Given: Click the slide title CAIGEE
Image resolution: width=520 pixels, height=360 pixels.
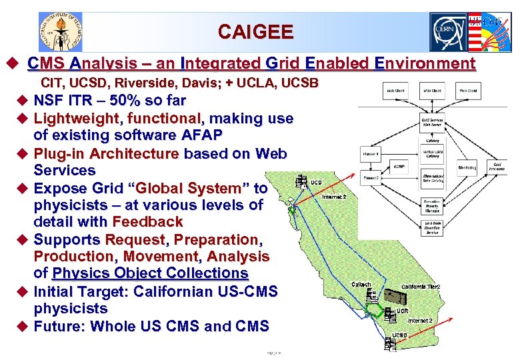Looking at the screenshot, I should coord(255,31).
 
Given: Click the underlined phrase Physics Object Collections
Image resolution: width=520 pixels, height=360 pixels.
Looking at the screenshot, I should coord(150,273).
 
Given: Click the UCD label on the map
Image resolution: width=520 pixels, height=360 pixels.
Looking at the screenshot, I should coord(317,182).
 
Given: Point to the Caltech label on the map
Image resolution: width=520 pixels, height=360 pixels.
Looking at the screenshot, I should coord(361,285).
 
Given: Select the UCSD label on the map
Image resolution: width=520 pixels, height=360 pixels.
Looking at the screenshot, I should coord(399,335).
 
